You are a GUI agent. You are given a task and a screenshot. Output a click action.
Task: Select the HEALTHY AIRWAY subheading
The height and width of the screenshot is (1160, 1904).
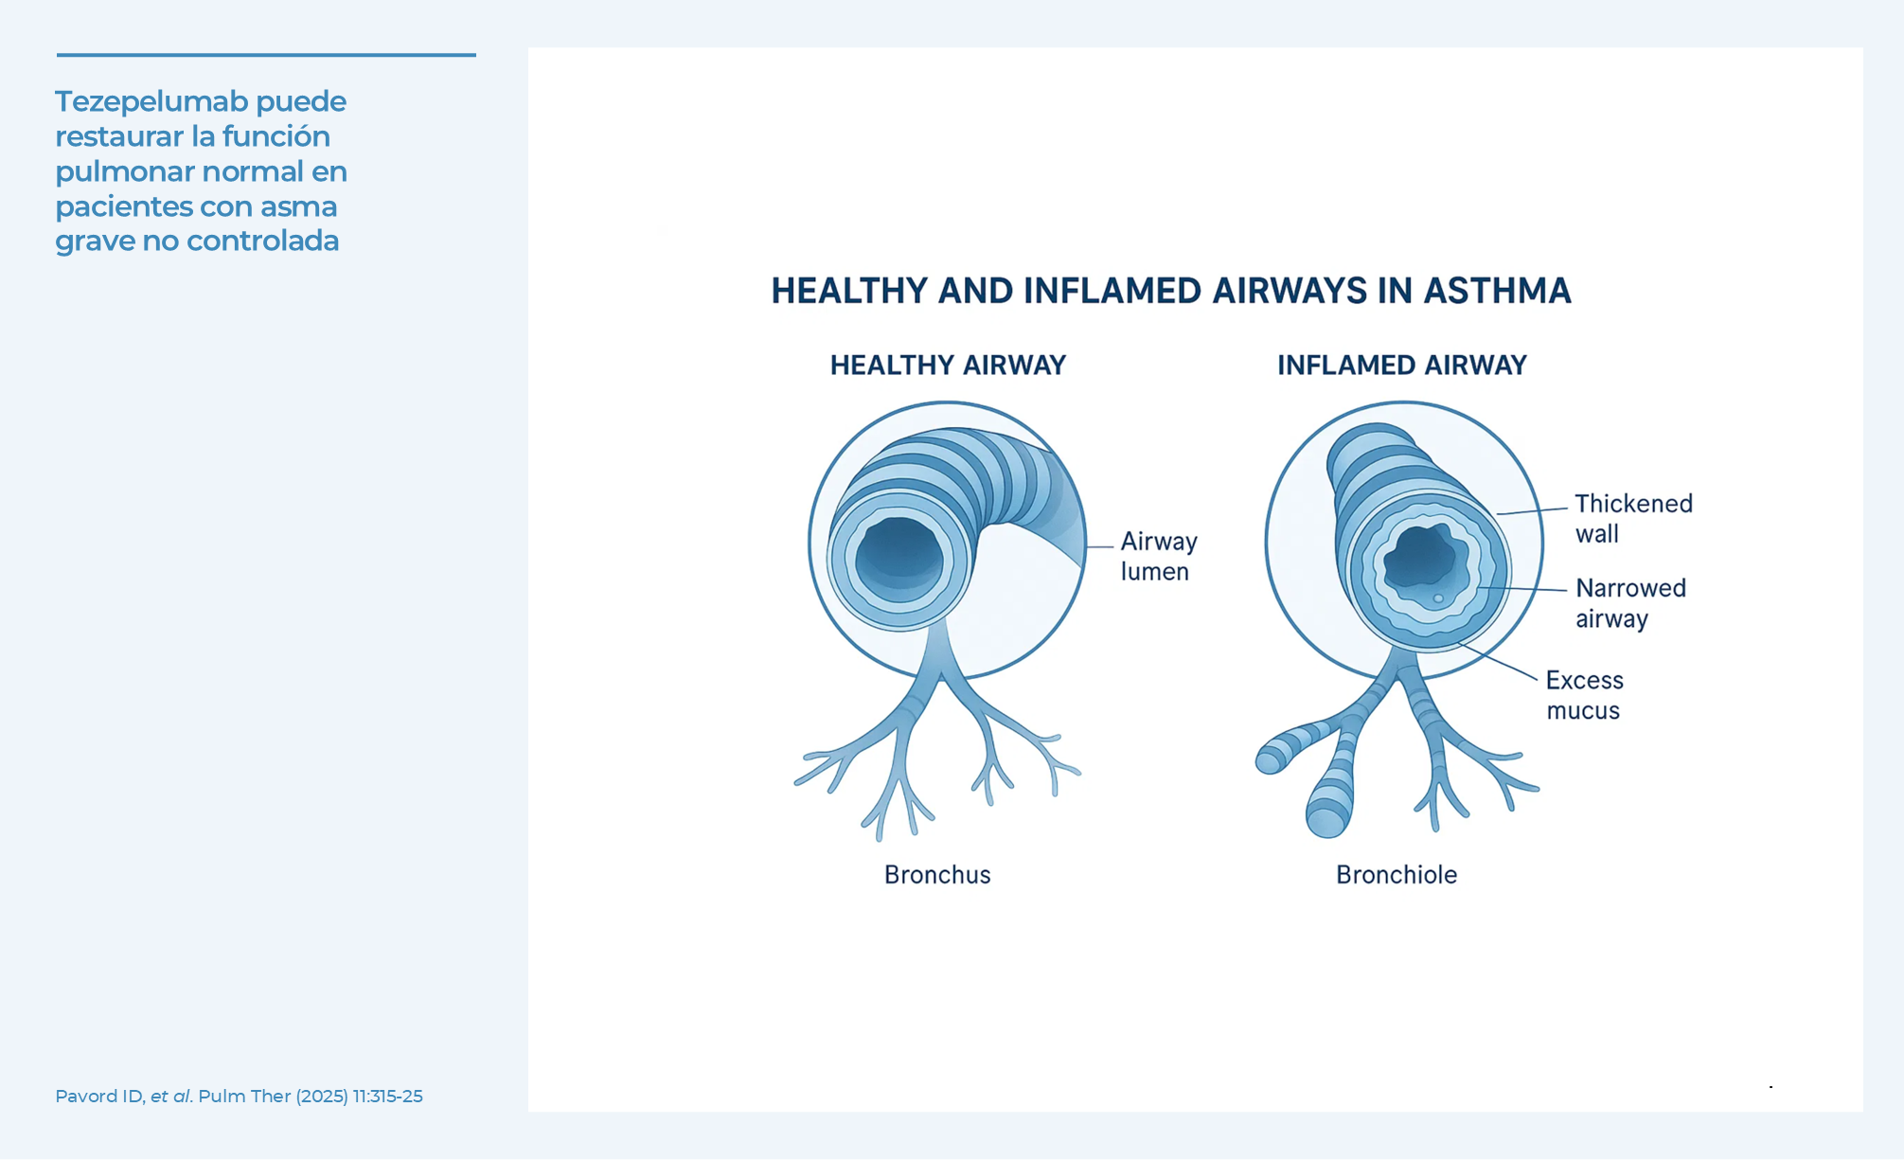(948, 366)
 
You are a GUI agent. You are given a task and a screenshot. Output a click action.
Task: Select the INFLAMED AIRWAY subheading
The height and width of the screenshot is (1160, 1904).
(1401, 366)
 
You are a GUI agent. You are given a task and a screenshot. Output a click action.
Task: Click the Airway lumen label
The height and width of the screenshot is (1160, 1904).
(1159, 557)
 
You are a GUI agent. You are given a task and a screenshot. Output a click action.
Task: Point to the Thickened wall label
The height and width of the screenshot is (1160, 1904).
(1633, 518)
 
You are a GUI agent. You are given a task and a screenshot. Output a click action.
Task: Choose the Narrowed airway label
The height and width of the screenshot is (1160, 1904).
(1630, 603)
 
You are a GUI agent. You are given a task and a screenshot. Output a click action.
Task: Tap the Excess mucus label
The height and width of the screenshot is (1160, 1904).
(1584, 695)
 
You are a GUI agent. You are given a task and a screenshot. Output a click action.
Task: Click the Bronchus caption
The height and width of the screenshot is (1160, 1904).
(937, 875)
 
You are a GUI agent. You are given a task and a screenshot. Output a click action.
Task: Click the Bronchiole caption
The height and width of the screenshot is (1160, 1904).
(1397, 875)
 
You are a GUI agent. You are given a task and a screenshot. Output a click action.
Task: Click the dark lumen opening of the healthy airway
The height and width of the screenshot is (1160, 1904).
(899, 556)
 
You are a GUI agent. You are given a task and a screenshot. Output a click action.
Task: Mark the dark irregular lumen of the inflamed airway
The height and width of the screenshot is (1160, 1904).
(1425, 561)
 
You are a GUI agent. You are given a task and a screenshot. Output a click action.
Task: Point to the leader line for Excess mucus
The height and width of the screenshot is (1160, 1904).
(1498, 661)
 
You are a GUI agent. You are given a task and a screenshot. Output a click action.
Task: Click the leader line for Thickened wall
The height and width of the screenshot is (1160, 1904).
(1532, 511)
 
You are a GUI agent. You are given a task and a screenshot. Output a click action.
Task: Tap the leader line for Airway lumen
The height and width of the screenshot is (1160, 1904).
(1099, 546)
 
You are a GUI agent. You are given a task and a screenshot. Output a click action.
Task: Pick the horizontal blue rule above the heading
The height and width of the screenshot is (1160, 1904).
(266, 55)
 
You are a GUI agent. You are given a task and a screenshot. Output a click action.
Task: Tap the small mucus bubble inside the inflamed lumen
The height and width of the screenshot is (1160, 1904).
(1438, 598)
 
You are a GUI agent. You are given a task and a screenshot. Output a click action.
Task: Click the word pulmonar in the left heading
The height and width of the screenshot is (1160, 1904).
(125, 172)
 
